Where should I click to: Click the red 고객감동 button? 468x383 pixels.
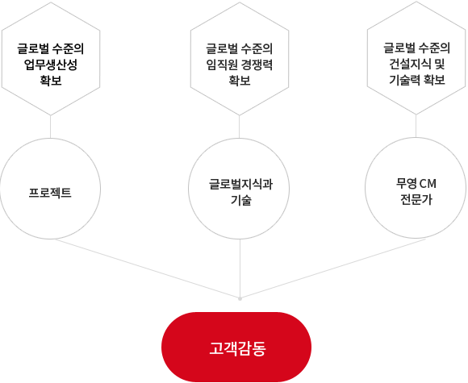[236, 347]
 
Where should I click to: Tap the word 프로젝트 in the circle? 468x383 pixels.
[50, 193]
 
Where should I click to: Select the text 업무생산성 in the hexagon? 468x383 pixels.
[51, 65]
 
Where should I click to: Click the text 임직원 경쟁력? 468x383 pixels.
[240, 65]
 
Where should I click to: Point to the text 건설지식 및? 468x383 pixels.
[416, 64]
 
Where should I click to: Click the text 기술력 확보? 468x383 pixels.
[416, 80]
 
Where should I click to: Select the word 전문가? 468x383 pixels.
[416, 199]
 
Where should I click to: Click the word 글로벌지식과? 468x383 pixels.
[240, 184]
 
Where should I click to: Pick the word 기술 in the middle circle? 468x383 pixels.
[241, 200]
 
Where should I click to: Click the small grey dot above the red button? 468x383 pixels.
[240, 298]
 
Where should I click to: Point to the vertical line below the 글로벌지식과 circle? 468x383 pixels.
[240, 268]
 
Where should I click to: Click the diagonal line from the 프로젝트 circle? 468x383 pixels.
[147, 269]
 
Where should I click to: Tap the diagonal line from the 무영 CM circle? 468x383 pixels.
[333, 269]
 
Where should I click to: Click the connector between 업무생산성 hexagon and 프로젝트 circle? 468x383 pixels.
[51, 127]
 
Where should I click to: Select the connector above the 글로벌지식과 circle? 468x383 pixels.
[239, 127]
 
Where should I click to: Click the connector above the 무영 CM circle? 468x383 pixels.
[416, 126]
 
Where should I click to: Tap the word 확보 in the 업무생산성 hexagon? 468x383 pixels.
[51, 81]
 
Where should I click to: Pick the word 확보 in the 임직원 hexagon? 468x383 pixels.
[240, 81]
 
